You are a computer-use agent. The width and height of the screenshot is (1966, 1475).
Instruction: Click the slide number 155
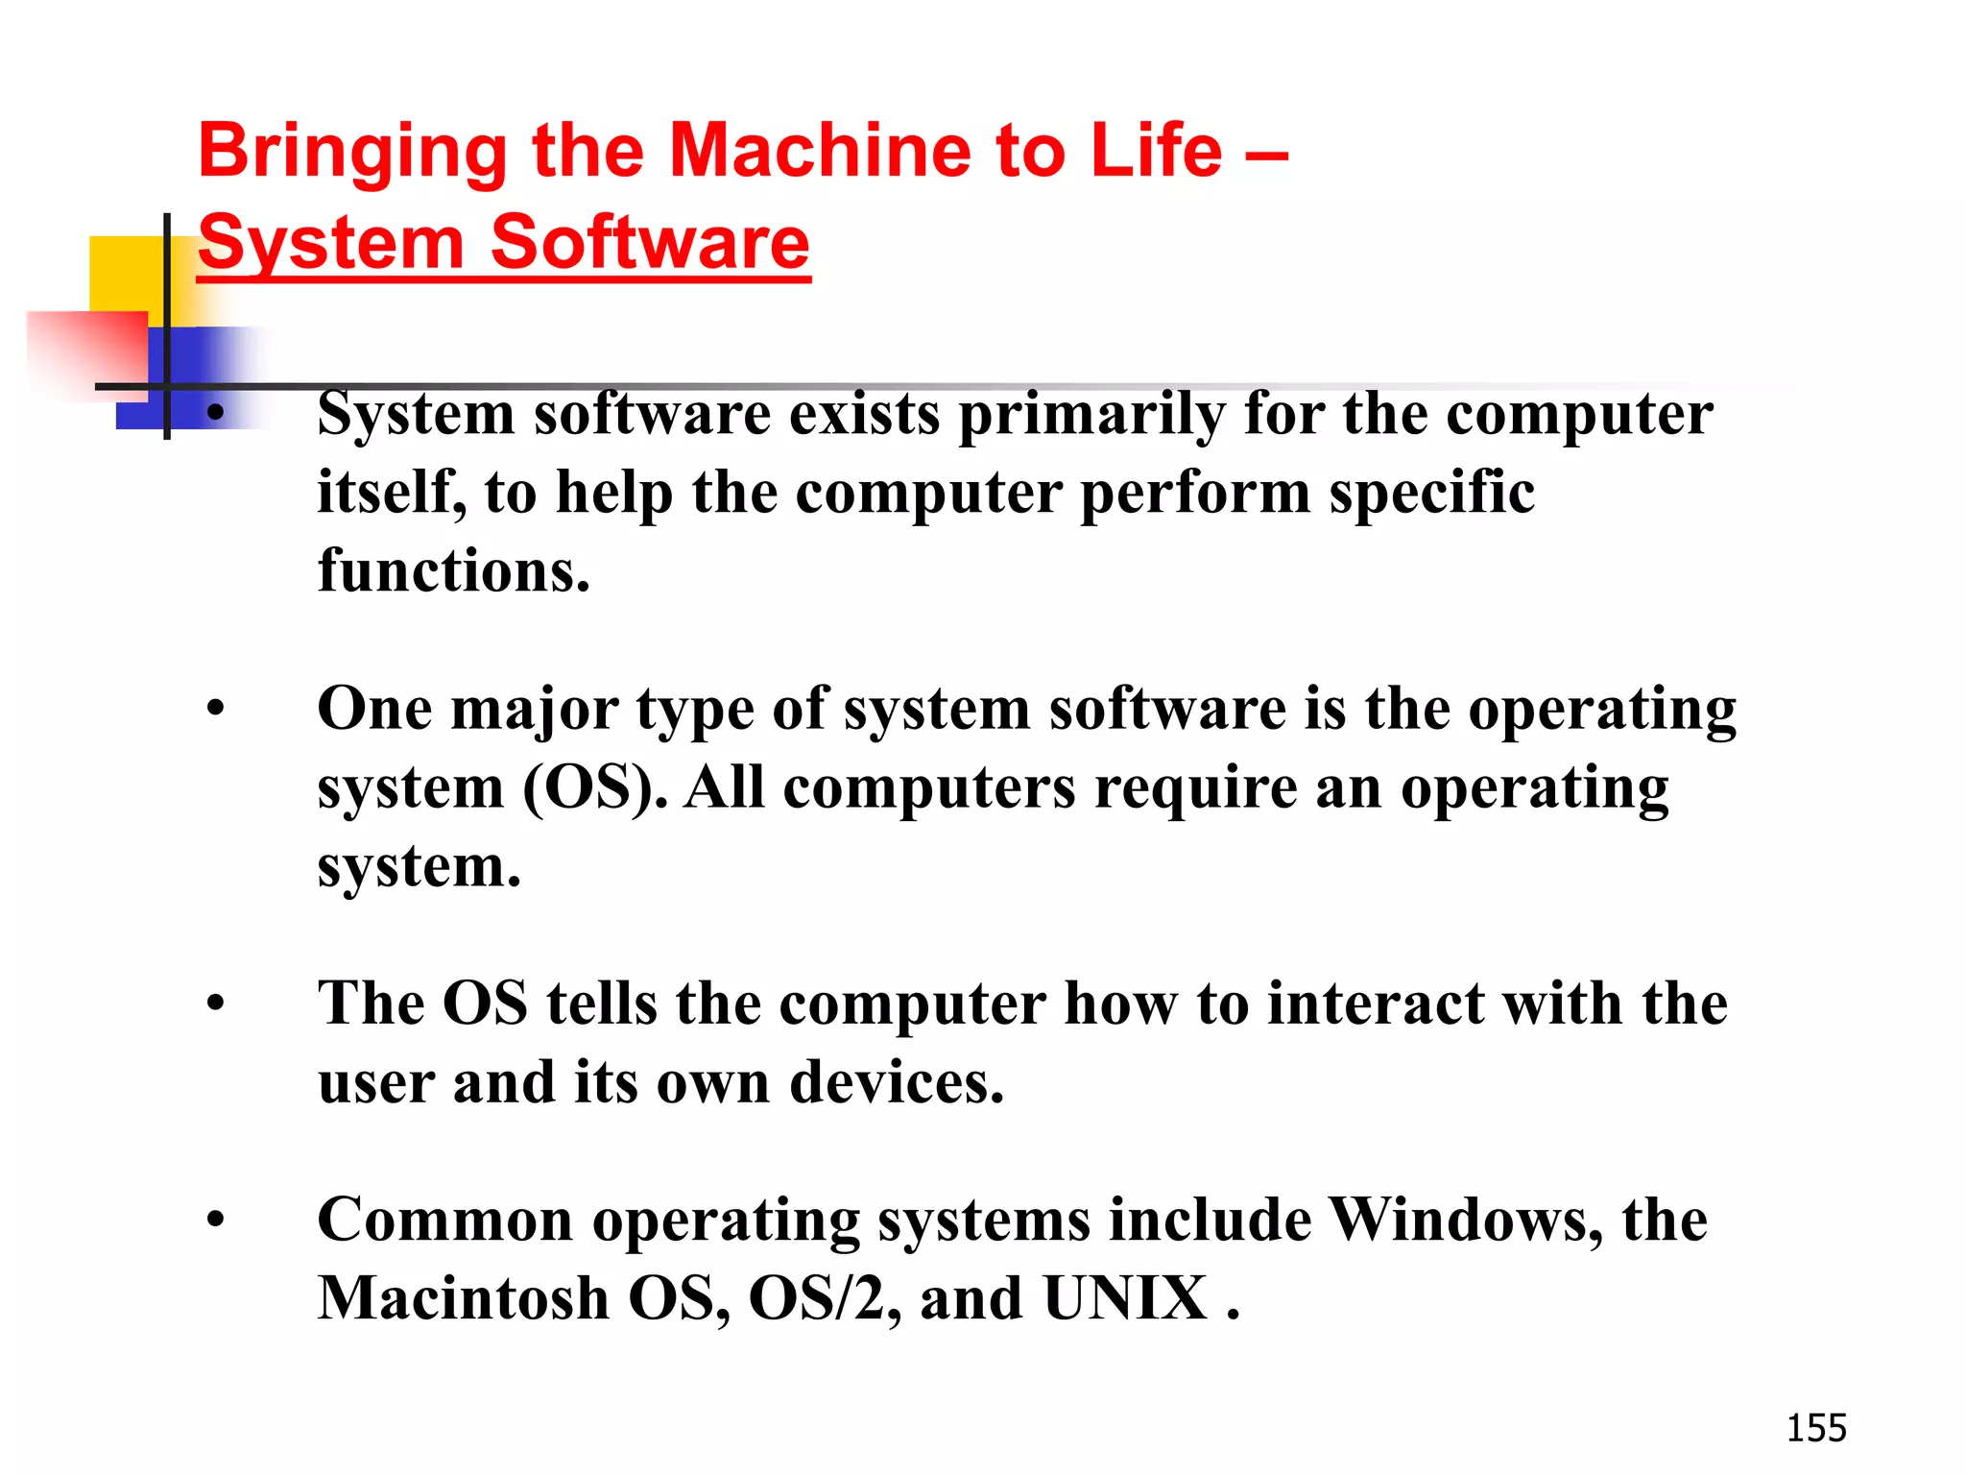click(x=1815, y=1428)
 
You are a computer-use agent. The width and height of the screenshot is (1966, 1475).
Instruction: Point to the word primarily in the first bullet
click(x=1091, y=415)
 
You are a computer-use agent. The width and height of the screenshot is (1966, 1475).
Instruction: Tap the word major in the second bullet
click(x=534, y=710)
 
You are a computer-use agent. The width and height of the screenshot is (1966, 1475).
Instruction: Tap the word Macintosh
click(x=463, y=1298)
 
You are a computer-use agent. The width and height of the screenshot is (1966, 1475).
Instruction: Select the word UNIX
click(x=1124, y=1298)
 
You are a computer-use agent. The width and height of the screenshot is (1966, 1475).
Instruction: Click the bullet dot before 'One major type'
click(x=216, y=710)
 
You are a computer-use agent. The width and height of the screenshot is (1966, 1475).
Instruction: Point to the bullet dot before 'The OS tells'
click(x=216, y=1004)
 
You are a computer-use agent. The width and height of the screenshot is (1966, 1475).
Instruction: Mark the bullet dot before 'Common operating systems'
click(x=216, y=1221)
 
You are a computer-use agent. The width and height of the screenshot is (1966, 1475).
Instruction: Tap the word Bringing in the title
click(x=351, y=152)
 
